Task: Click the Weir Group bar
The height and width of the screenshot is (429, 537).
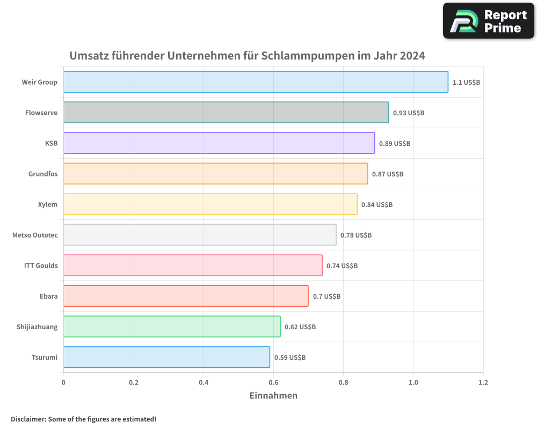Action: point(256,82)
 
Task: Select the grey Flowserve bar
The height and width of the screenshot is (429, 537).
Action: point(226,113)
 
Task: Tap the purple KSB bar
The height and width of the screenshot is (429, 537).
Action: point(219,143)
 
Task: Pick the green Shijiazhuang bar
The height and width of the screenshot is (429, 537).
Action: point(172,327)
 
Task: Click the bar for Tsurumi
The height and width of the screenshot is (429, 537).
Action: point(166,357)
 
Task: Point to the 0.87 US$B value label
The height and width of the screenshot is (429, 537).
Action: point(388,174)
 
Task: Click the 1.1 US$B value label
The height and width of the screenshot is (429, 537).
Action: point(466,83)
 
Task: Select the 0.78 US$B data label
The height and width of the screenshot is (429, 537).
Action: point(356,235)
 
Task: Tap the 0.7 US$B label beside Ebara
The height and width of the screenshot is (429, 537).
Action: point(326,297)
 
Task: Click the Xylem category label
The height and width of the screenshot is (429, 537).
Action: point(48,204)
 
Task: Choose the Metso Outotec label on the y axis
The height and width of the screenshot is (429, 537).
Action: point(35,235)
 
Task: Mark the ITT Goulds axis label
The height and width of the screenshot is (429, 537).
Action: point(41,265)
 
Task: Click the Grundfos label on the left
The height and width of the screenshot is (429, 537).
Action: point(43,174)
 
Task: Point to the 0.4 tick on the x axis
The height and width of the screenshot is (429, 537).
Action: point(204,382)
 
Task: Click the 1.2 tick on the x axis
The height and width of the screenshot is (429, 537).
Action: point(483,382)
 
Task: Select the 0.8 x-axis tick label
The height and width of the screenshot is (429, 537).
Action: point(344,382)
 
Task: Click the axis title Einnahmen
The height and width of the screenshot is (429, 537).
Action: point(273,396)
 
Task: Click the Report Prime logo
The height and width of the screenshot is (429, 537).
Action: point(489,21)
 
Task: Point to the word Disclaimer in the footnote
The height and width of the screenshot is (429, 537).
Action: point(28,419)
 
